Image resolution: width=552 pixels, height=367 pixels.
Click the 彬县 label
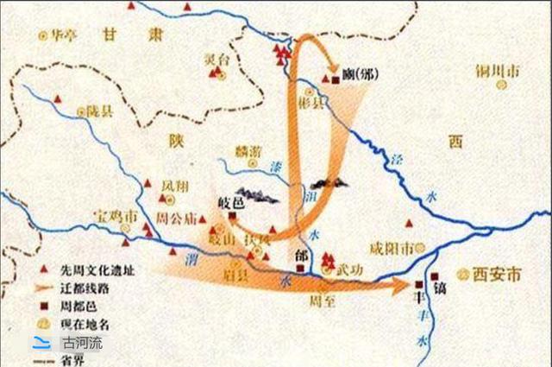coord(317,103)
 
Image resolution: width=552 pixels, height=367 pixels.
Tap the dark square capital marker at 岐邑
coord(230,216)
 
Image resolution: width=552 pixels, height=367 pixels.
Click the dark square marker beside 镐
coord(419,283)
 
